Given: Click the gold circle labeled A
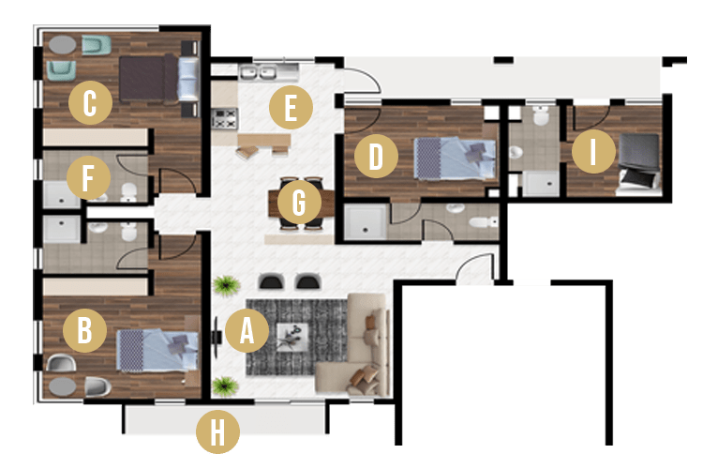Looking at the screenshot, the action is coord(247,331).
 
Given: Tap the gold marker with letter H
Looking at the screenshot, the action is coord(217,431).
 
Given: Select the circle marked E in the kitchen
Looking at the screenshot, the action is coord(291,107).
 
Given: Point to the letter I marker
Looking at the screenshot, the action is coord(593,151).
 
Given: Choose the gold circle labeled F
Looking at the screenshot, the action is coord(88,177).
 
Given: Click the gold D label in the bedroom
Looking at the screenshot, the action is coord(376,156).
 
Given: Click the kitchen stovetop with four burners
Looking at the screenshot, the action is coord(224,118).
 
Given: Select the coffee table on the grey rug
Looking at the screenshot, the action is coord(292,337).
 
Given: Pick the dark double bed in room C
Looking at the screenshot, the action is coord(159,78).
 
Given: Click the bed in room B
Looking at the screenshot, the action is coord(157,351).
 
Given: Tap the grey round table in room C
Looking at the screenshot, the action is coord(62,44).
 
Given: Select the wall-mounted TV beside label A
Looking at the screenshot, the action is coord(217,337).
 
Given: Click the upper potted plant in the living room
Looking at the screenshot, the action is coord(227,285).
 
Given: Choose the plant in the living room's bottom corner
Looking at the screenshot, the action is coord(225,386).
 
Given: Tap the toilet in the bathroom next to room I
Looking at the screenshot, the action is coord(541,115).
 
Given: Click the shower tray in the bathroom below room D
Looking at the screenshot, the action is coord(366,222).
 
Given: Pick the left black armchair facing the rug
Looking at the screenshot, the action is coord(271,281).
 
